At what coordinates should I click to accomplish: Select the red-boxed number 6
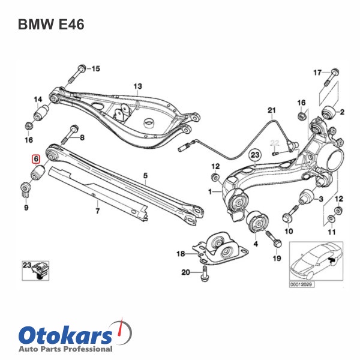tap(36, 160)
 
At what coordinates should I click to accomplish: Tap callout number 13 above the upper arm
tap(137, 86)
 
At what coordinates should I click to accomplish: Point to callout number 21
tap(271, 110)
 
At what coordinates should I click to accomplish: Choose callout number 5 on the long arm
tap(145, 175)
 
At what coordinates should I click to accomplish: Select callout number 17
tap(318, 73)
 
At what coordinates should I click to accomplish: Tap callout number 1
tap(211, 193)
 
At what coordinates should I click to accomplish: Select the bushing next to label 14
tap(41, 113)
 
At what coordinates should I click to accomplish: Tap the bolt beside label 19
tap(275, 241)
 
